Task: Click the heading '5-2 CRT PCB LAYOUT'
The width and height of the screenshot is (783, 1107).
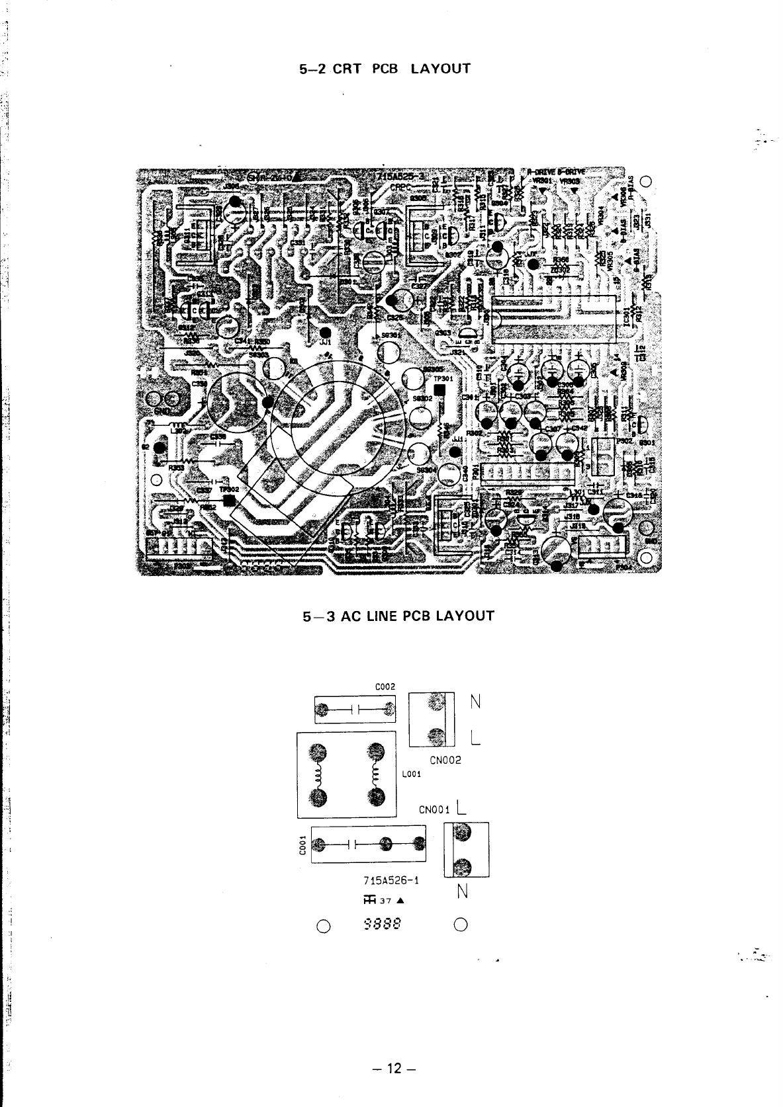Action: coord(385,69)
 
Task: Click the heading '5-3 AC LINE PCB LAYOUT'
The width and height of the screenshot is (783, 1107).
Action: coord(398,616)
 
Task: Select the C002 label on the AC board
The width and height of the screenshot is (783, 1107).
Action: coord(386,686)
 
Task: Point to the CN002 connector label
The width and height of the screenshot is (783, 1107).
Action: coord(445,760)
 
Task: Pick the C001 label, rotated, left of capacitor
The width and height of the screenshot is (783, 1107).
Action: coord(302,846)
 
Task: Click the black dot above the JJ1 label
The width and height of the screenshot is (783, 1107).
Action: coord(324,333)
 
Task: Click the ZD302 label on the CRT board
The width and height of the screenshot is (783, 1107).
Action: coord(559,268)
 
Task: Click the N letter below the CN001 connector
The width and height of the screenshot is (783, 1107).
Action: coord(463,892)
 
